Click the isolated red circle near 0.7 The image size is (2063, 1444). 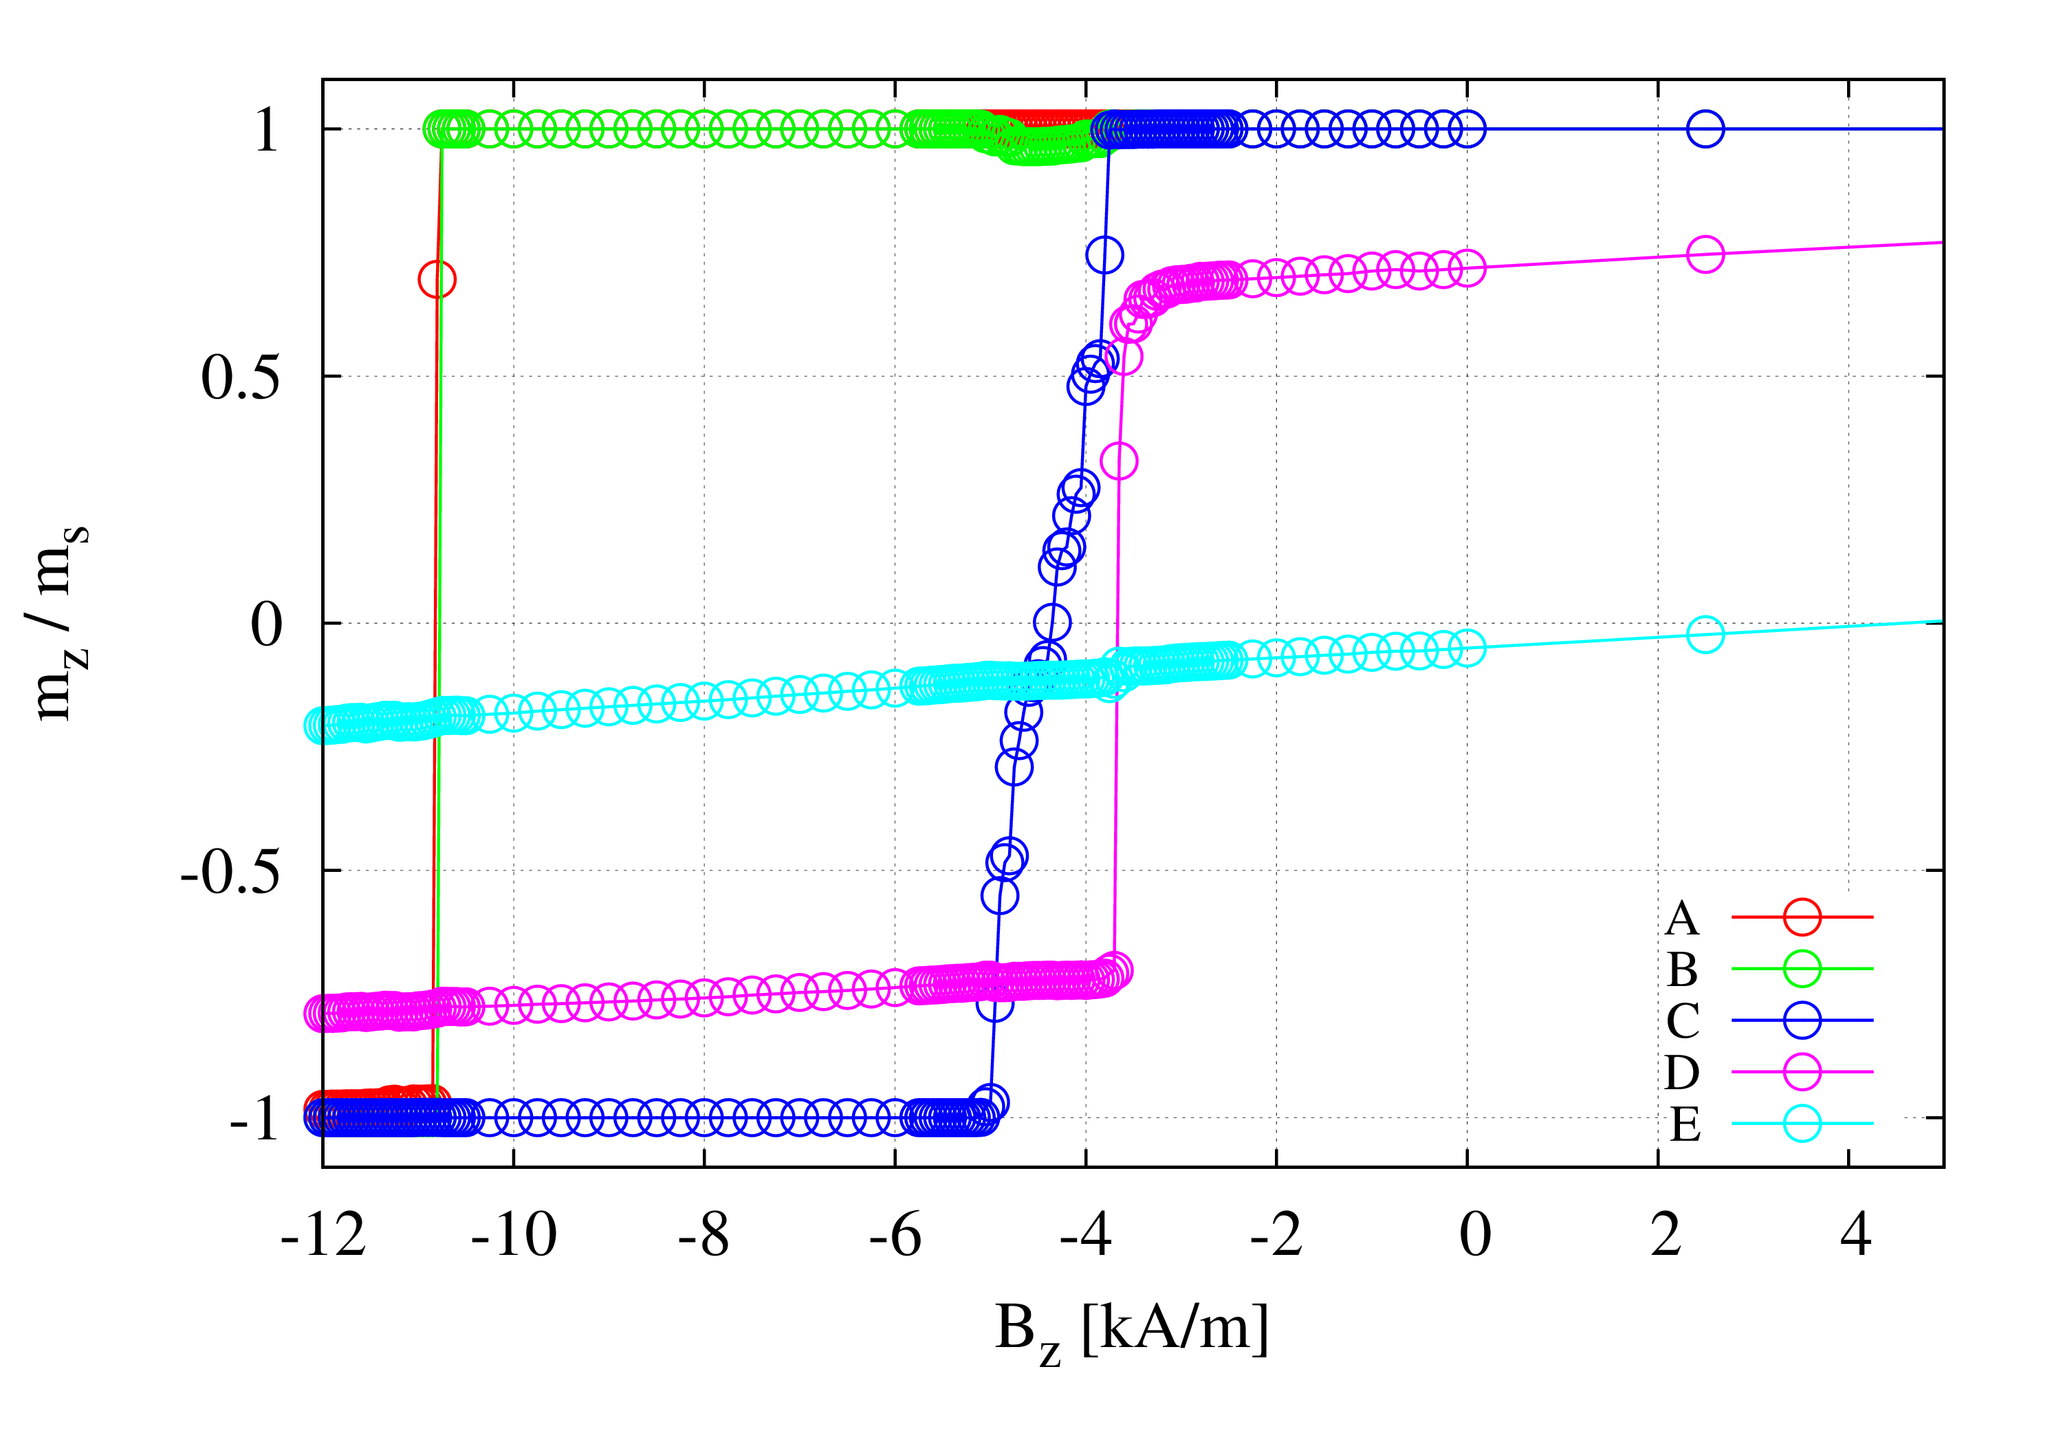tap(437, 279)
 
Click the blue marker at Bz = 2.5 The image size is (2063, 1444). tap(1705, 129)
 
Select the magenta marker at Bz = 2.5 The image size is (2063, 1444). tap(1705, 255)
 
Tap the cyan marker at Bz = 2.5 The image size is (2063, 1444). tap(1705, 635)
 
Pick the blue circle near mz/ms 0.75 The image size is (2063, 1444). tap(1104, 255)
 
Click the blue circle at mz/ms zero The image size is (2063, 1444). tap(1052, 622)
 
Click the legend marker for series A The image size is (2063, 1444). tap(1802, 917)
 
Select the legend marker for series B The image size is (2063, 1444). tap(1802, 969)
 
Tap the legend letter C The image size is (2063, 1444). tap(1682, 1021)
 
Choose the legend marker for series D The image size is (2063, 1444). tap(1802, 1071)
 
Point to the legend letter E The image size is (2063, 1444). tap(1685, 1124)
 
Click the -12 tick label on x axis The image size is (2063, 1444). tap(323, 1236)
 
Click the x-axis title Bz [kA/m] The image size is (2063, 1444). tap(1131, 1331)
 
